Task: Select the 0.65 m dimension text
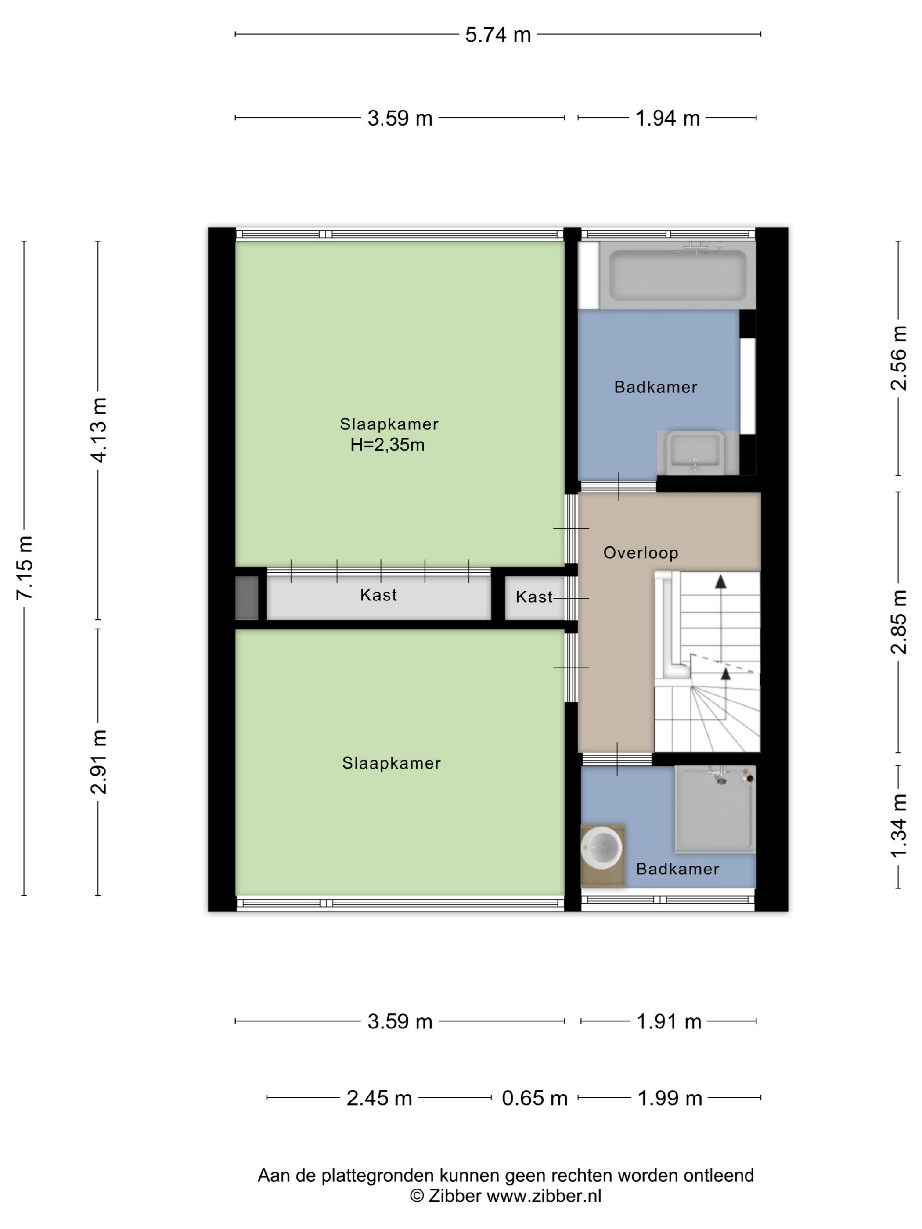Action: coord(534,1099)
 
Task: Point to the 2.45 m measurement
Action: coord(379,1099)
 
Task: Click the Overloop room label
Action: coord(641,553)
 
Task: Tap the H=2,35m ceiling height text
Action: coord(387,445)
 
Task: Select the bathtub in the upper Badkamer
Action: coord(677,275)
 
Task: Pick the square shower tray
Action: coord(715,809)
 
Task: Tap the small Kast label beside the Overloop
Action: coord(534,597)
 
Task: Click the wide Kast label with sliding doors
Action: coord(378,595)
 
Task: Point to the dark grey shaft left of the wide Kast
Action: coord(247,598)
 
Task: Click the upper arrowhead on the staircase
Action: coord(721,581)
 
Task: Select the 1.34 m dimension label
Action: coord(899,825)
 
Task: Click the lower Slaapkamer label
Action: coord(391,763)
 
